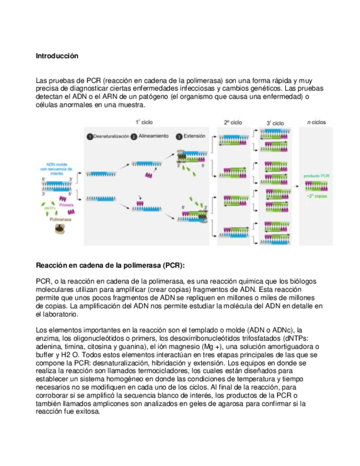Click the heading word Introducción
point(57,56)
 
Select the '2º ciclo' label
point(233,123)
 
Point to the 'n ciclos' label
point(315,123)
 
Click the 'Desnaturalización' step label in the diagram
point(112,136)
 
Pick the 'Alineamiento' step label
point(153,136)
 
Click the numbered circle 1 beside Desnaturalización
point(89,136)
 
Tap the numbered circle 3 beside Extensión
point(179,136)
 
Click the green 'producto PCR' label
point(317,176)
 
